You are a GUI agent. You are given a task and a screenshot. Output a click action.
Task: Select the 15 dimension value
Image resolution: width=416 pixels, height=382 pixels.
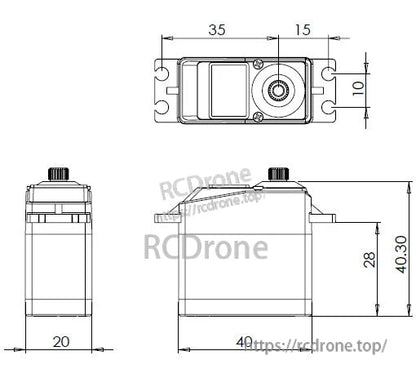click(x=302, y=29)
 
